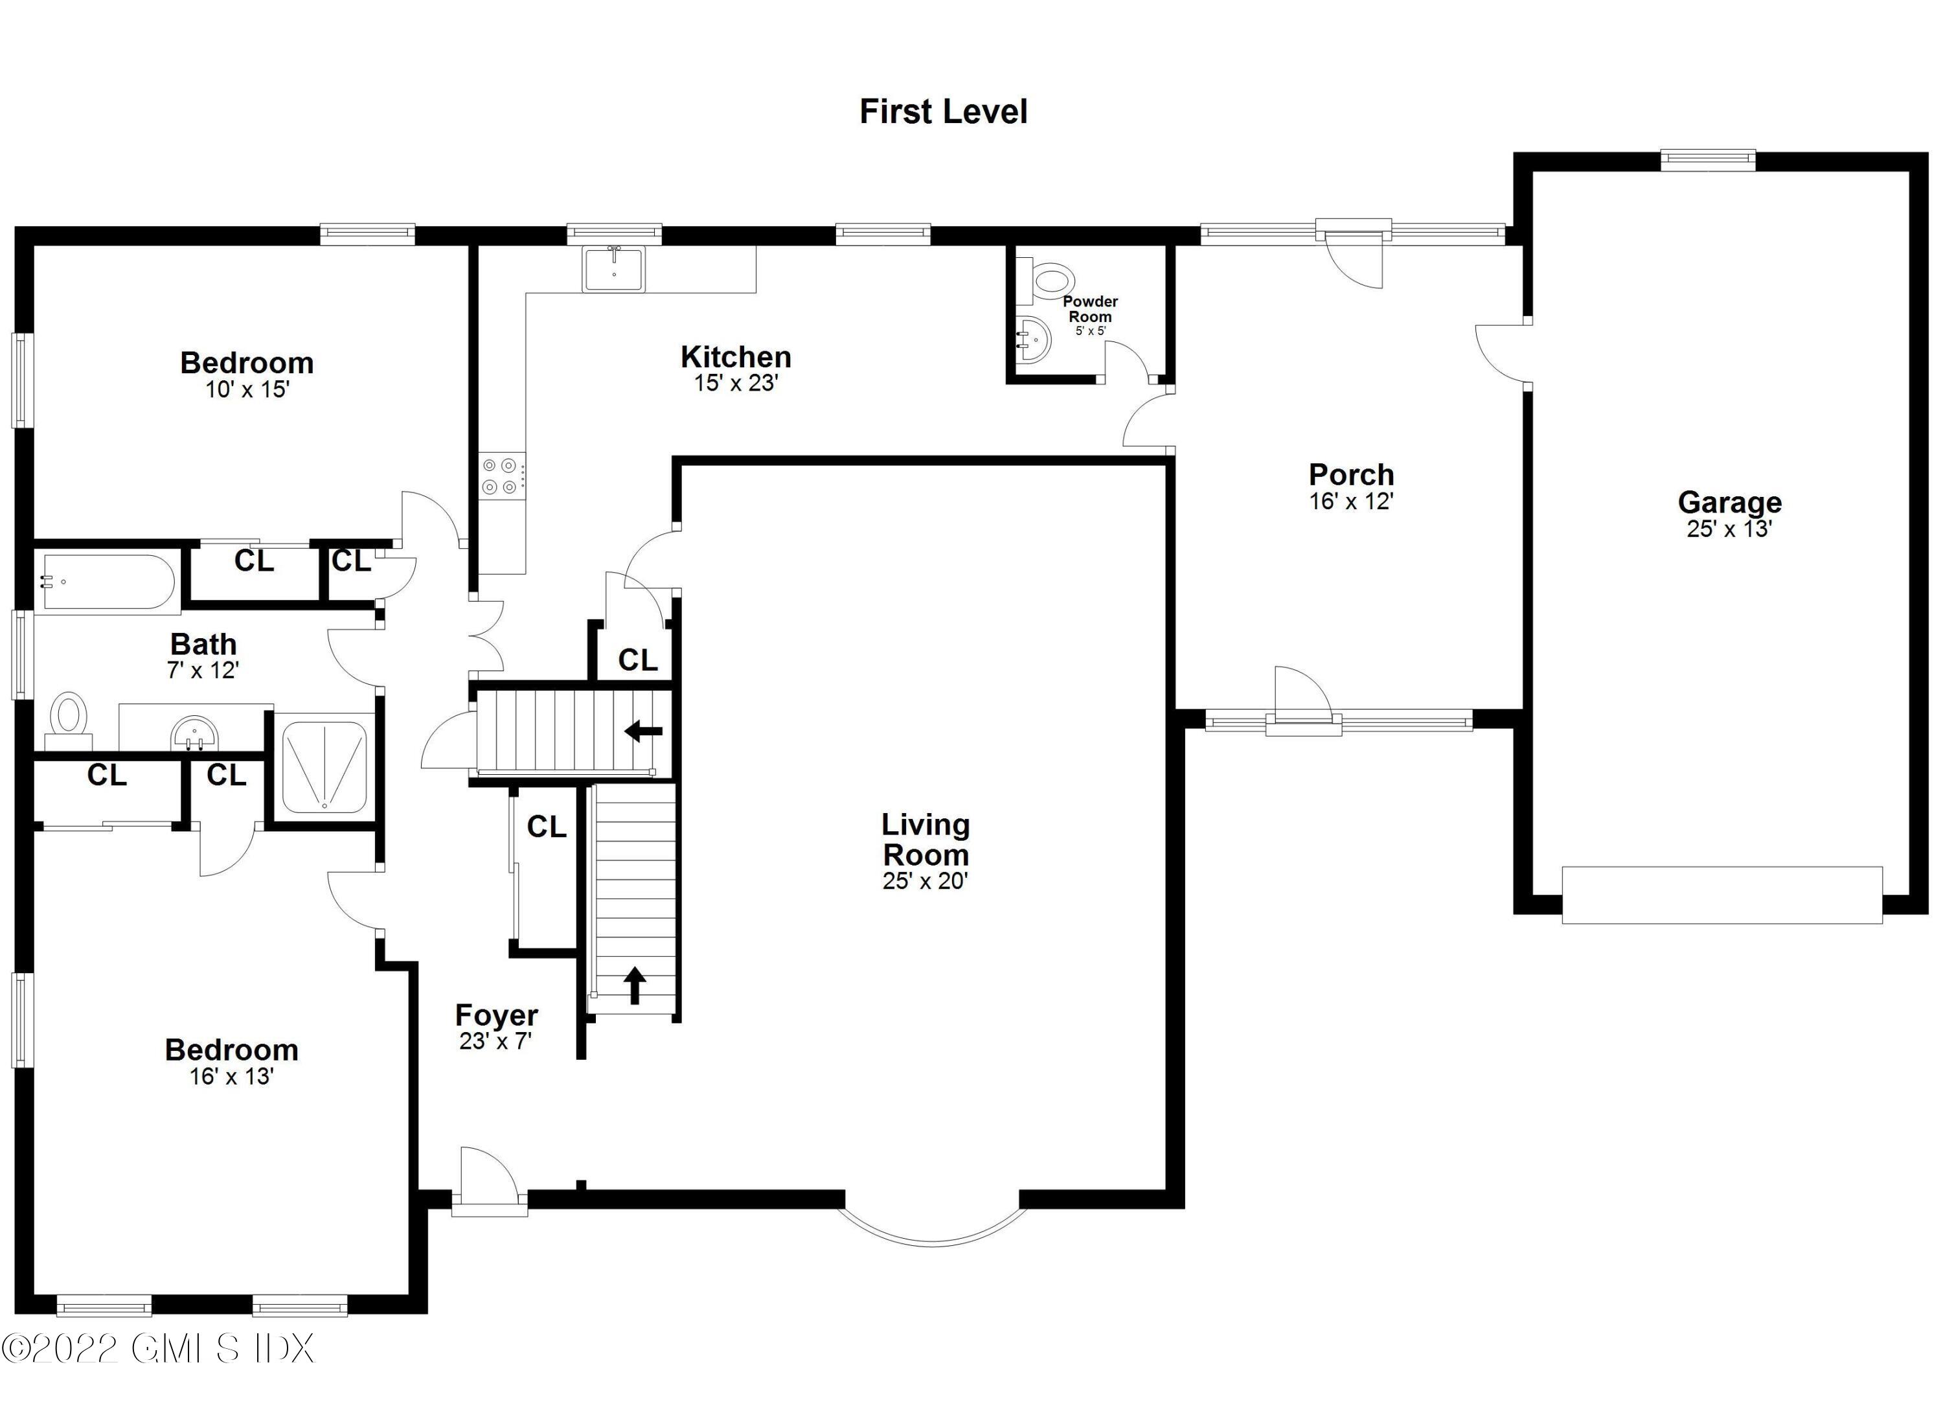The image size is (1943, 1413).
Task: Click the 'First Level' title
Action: point(943,111)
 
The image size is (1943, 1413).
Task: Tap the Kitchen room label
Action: point(736,356)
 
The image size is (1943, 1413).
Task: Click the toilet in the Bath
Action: point(69,724)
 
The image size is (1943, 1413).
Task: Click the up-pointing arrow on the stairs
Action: point(634,985)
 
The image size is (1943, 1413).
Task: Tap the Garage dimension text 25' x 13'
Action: point(1729,529)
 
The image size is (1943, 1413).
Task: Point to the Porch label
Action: point(1351,474)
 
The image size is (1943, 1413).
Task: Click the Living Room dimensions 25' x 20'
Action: point(926,881)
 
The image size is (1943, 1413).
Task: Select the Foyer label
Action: point(496,1015)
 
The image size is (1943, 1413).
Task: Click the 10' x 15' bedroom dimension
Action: point(247,390)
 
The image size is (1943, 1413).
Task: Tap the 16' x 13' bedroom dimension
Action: point(231,1076)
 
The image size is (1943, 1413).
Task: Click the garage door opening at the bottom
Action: point(1722,895)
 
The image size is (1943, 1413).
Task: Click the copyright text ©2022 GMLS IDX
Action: point(157,1348)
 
